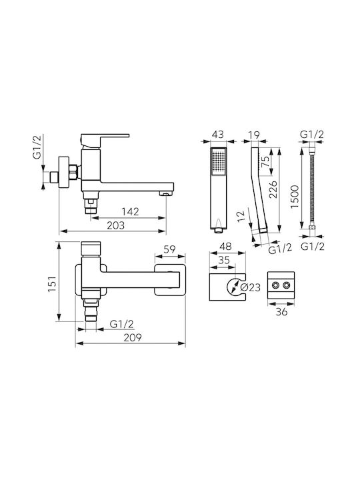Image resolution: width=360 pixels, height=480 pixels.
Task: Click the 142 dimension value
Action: coord(130,211)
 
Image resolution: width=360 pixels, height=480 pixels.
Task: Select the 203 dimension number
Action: coord(116,225)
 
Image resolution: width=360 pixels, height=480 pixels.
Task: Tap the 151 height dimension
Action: coord(53,283)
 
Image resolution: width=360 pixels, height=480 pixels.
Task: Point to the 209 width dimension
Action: coord(133,337)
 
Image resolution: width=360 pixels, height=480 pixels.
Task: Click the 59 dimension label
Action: coord(169,249)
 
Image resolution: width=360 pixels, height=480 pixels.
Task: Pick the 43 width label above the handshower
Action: coord(217,135)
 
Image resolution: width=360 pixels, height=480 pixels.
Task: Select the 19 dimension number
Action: coord(254,135)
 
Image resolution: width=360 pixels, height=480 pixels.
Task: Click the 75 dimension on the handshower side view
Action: coord(265,162)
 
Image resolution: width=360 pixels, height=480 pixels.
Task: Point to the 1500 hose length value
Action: coord(295,197)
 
